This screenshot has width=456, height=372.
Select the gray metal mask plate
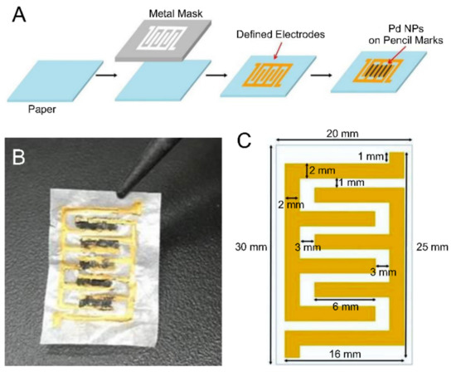click(172, 40)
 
